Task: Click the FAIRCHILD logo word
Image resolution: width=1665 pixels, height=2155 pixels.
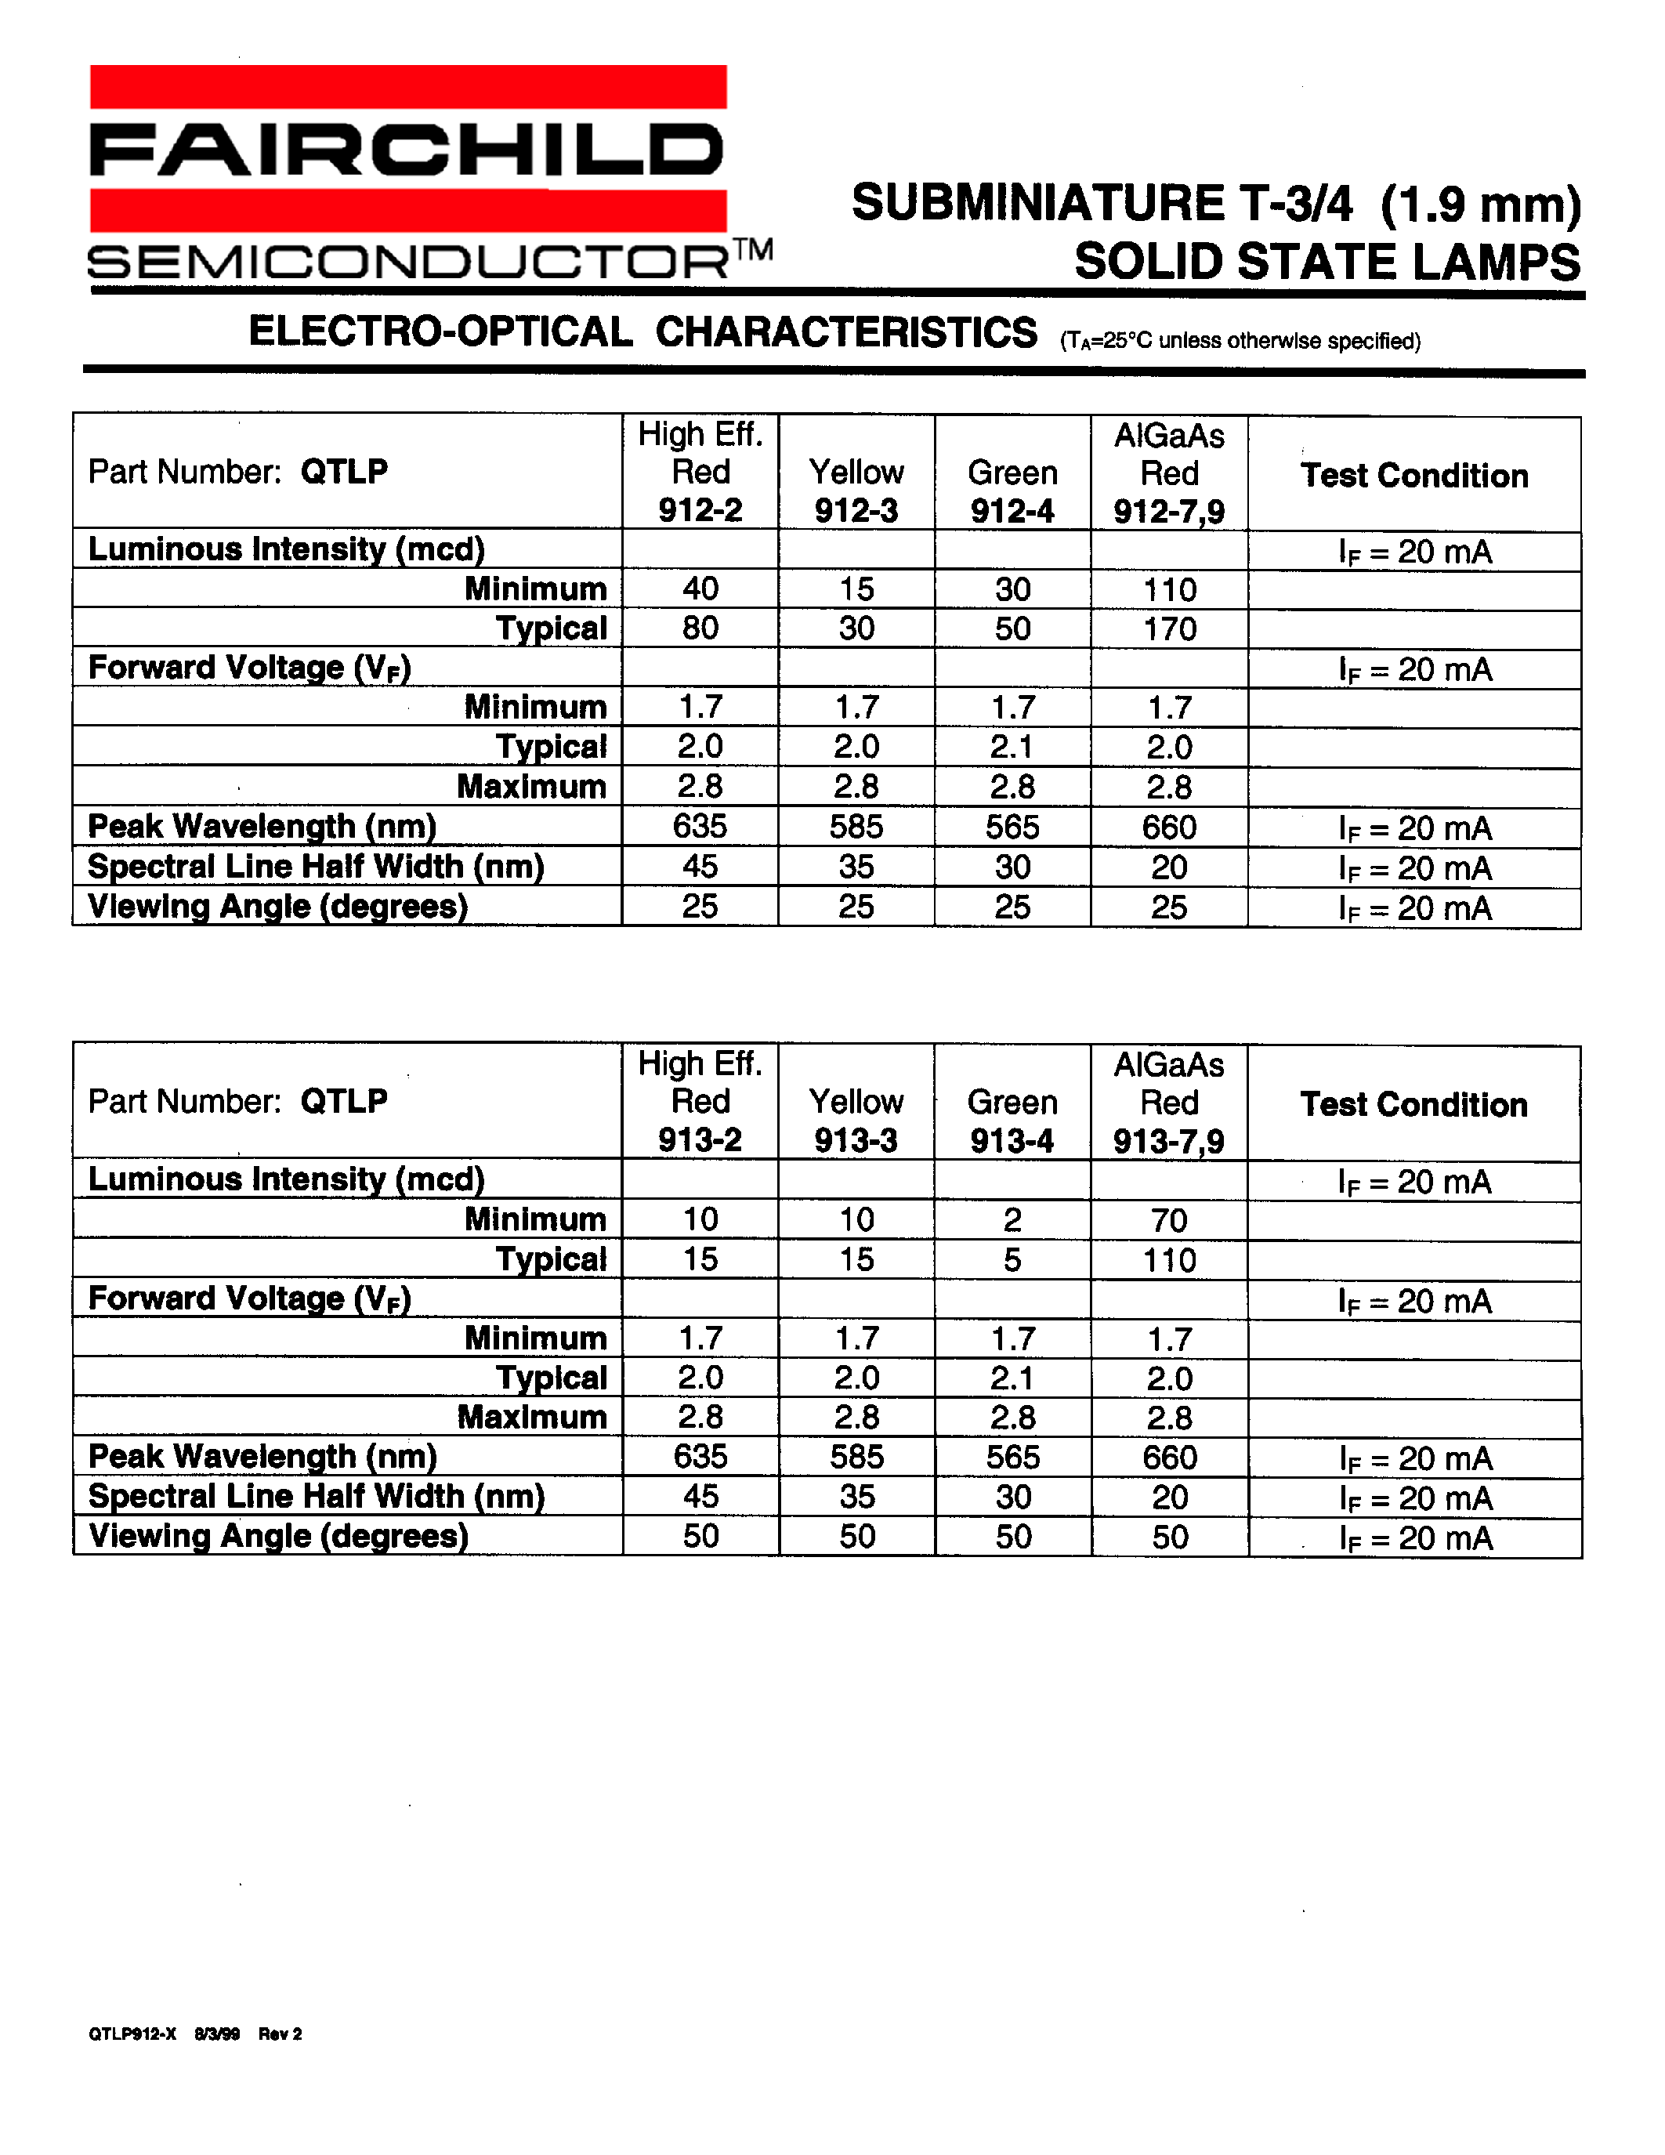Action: pyautogui.click(x=407, y=150)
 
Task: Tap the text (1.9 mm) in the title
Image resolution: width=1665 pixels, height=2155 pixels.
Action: pyautogui.click(x=1479, y=205)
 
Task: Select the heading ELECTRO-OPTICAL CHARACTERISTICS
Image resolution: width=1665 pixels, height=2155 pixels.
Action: pyautogui.click(x=642, y=332)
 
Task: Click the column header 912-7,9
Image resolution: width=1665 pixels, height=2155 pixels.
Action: pyautogui.click(x=1169, y=511)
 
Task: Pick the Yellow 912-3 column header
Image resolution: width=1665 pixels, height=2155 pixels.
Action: pyautogui.click(x=856, y=491)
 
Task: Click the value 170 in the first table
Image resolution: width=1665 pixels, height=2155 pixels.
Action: pyautogui.click(x=1169, y=628)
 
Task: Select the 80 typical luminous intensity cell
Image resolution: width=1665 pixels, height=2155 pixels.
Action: pyautogui.click(x=700, y=628)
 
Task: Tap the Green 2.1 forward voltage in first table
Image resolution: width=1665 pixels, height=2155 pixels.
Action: pyautogui.click(x=1012, y=747)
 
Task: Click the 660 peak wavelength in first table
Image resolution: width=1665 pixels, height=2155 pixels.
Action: pyautogui.click(x=1169, y=827)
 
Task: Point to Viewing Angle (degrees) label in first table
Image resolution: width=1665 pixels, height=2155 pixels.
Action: pyautogui.click(x=278, y=906)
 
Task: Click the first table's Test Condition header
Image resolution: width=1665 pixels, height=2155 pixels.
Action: pyautogui.click(x=1413, y=476)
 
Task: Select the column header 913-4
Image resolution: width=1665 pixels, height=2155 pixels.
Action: pyautogui.click(x=1012, y=1141)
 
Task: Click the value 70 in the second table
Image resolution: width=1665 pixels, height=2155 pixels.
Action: pyautogui.click(x=1169, y=1221)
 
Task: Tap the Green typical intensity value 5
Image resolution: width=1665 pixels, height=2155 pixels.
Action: pyautogui.click(x=1012, y=1260)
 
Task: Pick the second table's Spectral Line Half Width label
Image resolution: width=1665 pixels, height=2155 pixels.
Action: pyautogui.click(x=316, y=1496)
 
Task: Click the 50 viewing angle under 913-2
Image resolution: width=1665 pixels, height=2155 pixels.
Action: pyautogui.click(x=700, y=1537)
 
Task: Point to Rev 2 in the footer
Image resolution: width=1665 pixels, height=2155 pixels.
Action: pyautogui.click(x=281, y=2034)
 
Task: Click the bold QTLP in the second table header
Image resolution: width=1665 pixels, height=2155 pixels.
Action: pyautogui.click(x=343, y=1100)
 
